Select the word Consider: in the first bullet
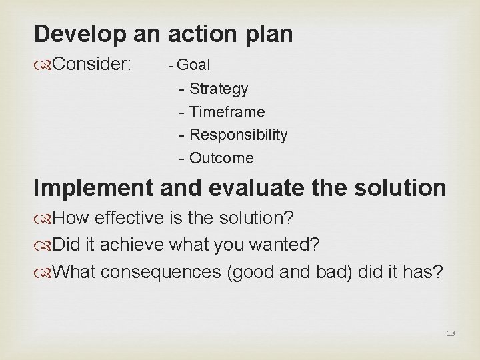[x=93, y=65]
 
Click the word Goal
[x=194, y=65]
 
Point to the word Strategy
[x=219, y=89]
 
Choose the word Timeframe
[x=227, y=112]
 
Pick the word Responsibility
[x=238, y=135]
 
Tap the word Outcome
[x=221, y=158]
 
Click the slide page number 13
[x=451, y=333]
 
